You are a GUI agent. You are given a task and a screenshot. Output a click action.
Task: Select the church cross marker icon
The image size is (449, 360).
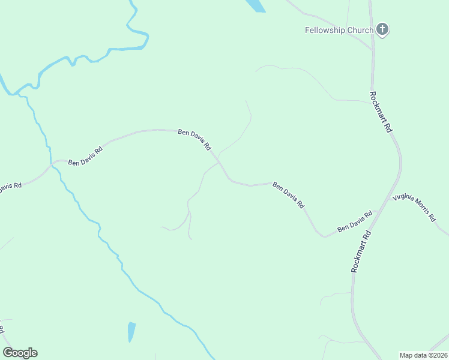(382, 29)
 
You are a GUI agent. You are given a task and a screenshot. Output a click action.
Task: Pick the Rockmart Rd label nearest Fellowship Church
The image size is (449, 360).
(380, 112)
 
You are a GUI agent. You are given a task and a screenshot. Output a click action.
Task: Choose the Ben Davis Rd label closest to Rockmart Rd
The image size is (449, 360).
(354, 221)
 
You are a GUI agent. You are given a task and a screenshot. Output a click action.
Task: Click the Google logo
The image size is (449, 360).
(20, 353)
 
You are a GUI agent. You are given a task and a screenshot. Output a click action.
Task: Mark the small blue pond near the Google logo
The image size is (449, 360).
(131, 331)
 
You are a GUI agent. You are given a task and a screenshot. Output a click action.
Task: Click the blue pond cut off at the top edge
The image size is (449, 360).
(256, 5)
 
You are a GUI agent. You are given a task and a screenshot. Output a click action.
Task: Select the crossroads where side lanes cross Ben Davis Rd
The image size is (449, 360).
(220, 161)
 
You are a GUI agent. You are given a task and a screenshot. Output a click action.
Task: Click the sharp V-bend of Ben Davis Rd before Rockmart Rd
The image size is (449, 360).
(325, 236)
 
